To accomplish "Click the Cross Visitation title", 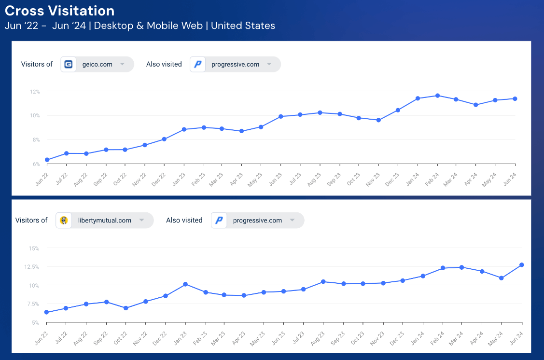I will tap(60, 11).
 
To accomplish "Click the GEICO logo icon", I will tap(69, 64).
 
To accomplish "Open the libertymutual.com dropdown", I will tap(105, 221).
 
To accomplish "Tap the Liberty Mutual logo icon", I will tap(64, 221).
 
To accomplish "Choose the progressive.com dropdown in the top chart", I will tap(236, 64).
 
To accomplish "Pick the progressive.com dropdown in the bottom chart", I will tap(258, 221).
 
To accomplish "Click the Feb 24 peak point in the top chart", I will tap(437, 96).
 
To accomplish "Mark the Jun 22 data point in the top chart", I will tap(47, 160).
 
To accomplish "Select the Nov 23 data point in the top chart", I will tap(378, 120).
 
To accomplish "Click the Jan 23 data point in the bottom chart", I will tap(185, 284).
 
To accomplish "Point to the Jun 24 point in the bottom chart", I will tap(522, 265).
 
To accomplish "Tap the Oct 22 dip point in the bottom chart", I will tap(126, 308).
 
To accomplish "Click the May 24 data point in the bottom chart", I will tap(502, 278).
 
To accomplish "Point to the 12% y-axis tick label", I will tap(34, 92).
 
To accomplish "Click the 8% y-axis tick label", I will tap(36, 140).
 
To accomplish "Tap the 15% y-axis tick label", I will tap(34, 249).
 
